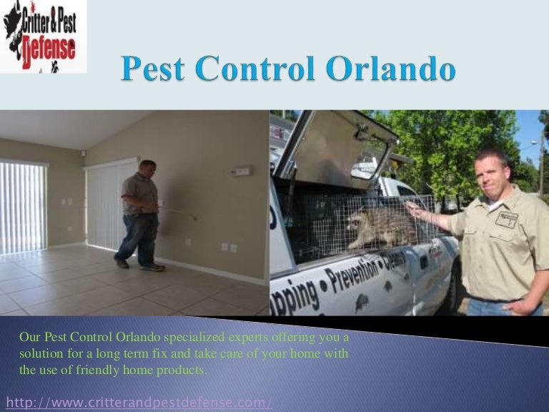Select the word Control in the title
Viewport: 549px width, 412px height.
tap(260, 71)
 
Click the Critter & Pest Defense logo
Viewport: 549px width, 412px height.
tap(43, 36)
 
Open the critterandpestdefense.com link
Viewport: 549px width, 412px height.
tap(139, 402)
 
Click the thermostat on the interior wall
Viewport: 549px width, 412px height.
tap(241, 171)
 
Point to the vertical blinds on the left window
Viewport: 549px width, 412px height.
tap(23, 207)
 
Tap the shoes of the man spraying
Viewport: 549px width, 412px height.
tap(140, 265)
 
